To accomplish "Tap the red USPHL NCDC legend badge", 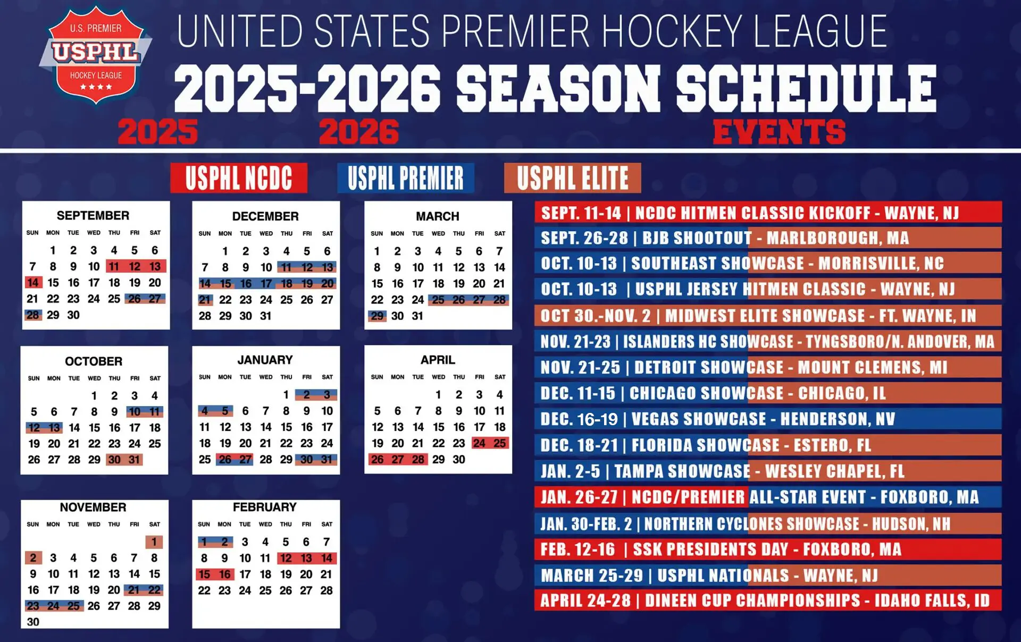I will click(x=239, y=178).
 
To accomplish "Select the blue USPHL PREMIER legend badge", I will click(x=405, y=178).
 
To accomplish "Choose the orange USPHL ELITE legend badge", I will click(x=572, y=178).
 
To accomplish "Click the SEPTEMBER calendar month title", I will click(x=93, y=215).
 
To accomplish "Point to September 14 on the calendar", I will click(x=32, y=283).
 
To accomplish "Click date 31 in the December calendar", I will click(x=266, y=316).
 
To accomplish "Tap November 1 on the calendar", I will click(x=154, y=542).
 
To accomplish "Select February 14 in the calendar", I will click(x=327, y=558).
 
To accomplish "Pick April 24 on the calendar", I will click(x=479, y=443).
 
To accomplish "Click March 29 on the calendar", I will click(x=377, y=316).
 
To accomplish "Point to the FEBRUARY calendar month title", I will click(x=265, y=507).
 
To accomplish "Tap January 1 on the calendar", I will click(x=286, y=394).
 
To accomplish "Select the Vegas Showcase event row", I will click(x=767, y=419).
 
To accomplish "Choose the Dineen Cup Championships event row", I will click(x=767, y=601).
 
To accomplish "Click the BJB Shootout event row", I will click(x=767, y=238).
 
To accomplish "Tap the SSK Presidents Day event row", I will click(x=767, y=549).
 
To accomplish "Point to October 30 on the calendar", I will click(x=114, y=460).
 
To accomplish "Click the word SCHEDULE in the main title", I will click(x=806, y=88).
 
